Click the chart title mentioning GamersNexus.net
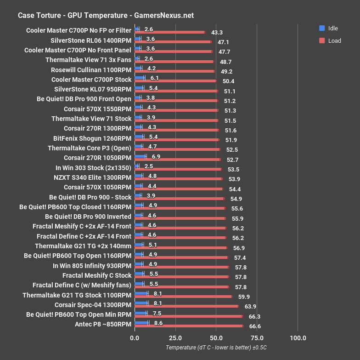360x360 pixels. coord(106,15)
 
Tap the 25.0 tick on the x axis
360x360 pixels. coord(175,338)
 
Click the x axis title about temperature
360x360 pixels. coord(216,348)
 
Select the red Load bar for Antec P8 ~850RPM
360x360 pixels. coord(189,326)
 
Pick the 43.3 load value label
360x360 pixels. coord(217,33)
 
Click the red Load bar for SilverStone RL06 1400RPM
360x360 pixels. coord(173,41)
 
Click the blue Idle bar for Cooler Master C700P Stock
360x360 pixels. coord(140,78)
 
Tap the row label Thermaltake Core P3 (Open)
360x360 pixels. coord(90,148)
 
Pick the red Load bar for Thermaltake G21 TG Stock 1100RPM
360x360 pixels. coord(183,297)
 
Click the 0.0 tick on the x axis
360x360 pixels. coord(135,338)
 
